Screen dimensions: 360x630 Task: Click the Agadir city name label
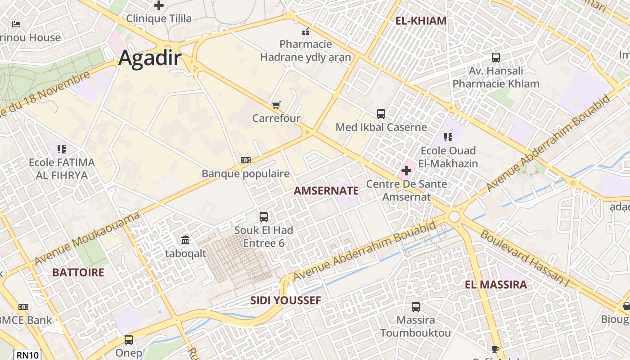pyautogui.click(x=150, y=58)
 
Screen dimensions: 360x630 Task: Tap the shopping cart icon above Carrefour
pyautogui.click(x=276, y=105)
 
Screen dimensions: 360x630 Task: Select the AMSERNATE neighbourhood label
pyautogui.click(x=326, y=191)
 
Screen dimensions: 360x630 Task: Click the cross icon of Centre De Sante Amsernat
pyautogui.click(x=406, y=171)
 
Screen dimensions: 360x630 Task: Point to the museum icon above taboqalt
pyautogui.click(x=185, y=240)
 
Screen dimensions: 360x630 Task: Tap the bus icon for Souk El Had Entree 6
pyautogui.click(x=264, y=217)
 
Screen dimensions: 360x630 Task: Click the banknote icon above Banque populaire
pyautogui.click(x=245, y=160)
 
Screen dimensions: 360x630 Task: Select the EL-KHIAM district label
pyautogui.click(x=421, y=21)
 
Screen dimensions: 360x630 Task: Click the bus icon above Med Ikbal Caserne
pyautogui.click(x=381, y=114)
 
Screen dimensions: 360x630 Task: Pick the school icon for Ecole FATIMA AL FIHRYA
pyautogui.click(x=62, y=149)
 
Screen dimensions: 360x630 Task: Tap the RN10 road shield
pyautogui.click(x=28, y=355)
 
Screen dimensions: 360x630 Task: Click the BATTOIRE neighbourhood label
pyautogui.click(x=78, y=273)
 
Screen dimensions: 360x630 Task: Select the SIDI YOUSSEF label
pyautogui.click(x=286, y=301)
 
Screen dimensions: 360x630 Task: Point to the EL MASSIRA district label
pyautogui.click(x=495, y=285)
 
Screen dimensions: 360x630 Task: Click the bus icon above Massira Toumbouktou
pyautogui.click(x=416, y=307)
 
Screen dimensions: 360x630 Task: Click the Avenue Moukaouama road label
pyautogui.click(x=87, y=239)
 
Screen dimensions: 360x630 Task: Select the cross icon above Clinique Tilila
pyautogui.click(x=158, y=5)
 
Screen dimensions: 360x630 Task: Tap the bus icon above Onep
pyautogui.click(x=129, y=340)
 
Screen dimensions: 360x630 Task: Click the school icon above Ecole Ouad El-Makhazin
pyautogui.click(x=448, y=137)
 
